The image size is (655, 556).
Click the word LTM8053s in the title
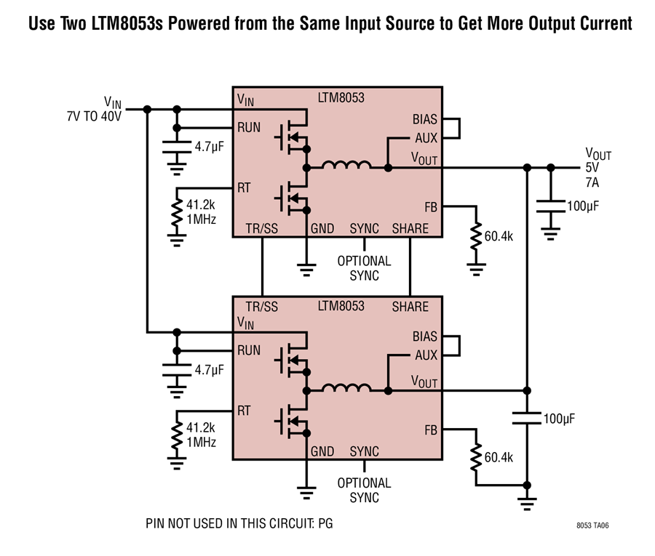(x=127, y=23)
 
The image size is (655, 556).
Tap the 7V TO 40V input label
(x=94, y=116)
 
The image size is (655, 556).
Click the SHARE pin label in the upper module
(x=410, y=228)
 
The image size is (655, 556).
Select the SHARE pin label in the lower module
(x=410, y=307)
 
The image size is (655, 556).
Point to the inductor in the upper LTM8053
(x=346, y=165)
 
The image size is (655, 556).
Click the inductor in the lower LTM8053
(x=346, y=388)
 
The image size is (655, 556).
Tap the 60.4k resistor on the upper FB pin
(x=476, y=236)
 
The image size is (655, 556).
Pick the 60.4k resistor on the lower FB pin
(x=476, y=458)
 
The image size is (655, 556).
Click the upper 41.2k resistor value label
(x=201, y=205)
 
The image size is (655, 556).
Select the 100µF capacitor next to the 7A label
(x=551, y=206)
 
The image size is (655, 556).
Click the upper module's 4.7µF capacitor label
(x=210, y=147)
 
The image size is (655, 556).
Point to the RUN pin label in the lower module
(x=249, y=350)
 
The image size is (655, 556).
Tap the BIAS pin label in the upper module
(x=424, y=119)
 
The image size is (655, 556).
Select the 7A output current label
(x=592, y=182)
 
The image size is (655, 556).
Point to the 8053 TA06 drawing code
(x=592, y=525)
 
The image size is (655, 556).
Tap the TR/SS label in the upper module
(x=261, y=228)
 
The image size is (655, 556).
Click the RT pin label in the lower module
(x=244, y=411)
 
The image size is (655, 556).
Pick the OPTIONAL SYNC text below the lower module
(x=365, y=490)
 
